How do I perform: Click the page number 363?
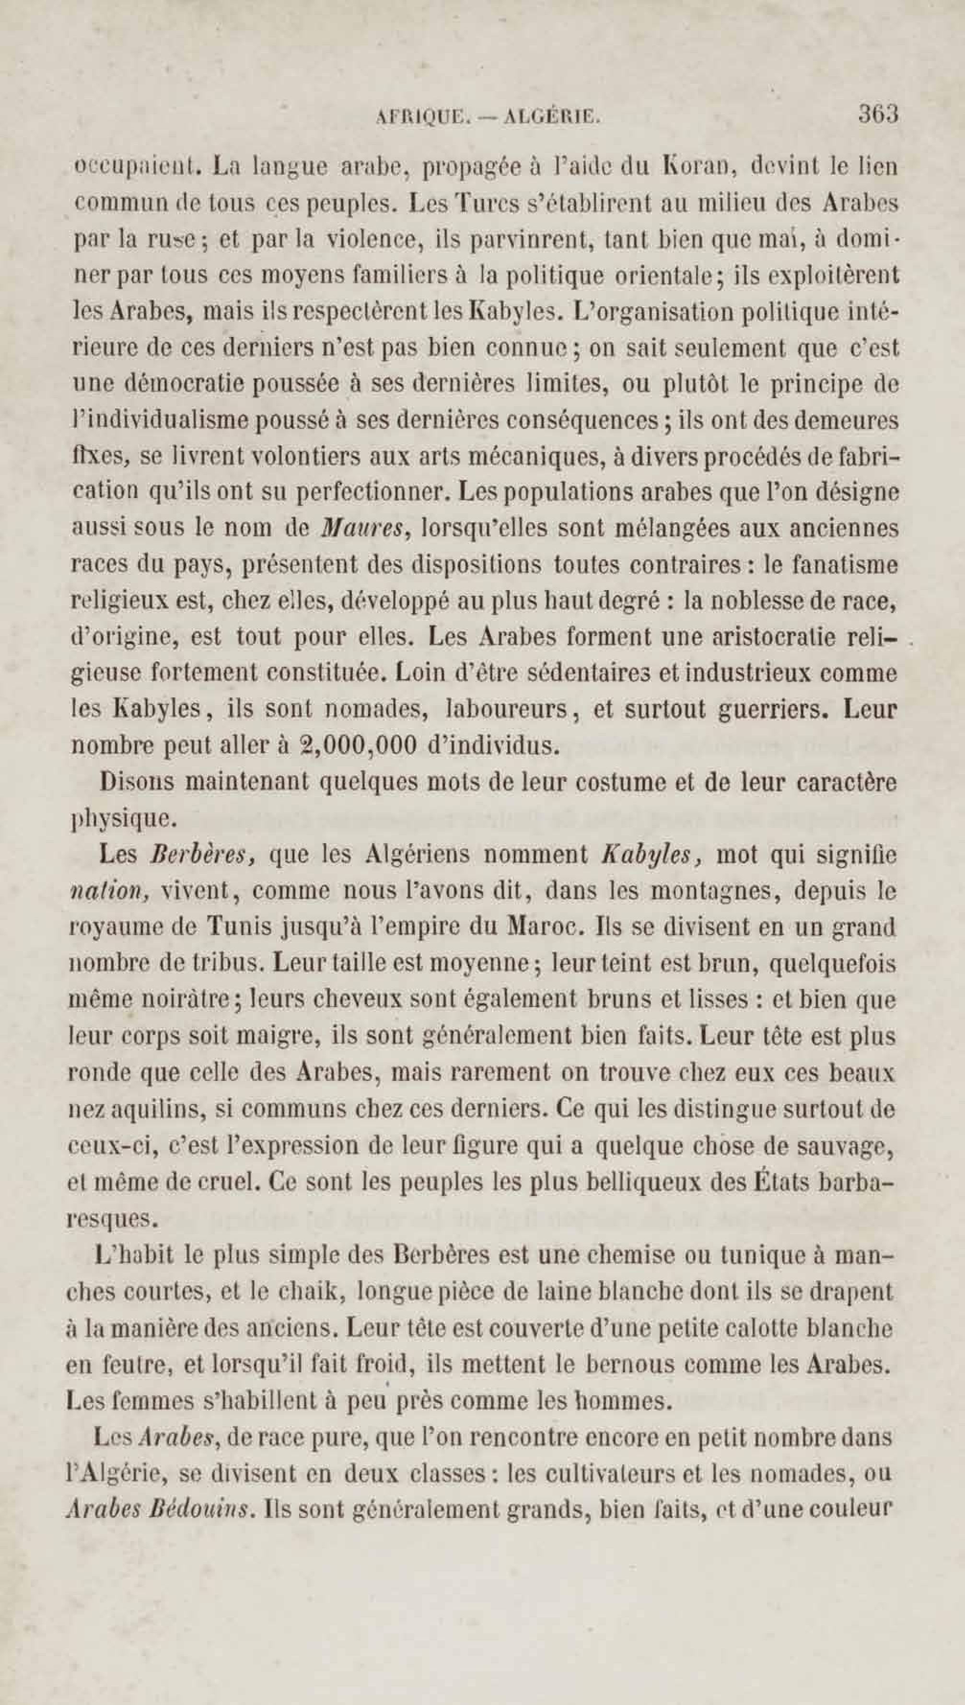[878, 114]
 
